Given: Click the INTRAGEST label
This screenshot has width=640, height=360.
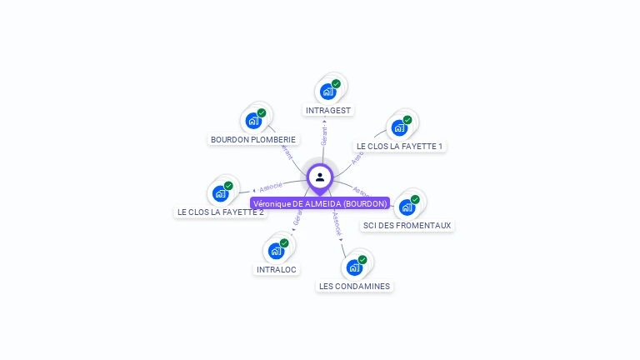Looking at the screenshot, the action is [x=329, y=110].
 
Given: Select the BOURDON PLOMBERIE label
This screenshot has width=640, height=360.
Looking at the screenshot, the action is [x=253, y=140].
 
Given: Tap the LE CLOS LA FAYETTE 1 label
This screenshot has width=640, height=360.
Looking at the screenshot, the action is [x=399, y=147].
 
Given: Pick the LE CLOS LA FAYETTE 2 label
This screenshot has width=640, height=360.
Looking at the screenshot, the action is [x=221, y=212].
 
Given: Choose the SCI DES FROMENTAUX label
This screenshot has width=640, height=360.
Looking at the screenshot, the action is [x=407, y=225].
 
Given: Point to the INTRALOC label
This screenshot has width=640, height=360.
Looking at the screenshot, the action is [x=277, y=270].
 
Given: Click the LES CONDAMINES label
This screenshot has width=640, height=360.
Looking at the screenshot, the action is [x=354, y=287].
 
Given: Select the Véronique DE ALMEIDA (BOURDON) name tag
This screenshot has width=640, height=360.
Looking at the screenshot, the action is [x=320, y=203].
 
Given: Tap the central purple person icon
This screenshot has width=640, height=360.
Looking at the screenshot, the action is [x=320, y=177].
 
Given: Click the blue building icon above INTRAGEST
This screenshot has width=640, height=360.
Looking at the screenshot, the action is [x=327, y=91].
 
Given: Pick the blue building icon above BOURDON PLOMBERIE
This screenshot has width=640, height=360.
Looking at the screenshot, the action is [x=253, y=121].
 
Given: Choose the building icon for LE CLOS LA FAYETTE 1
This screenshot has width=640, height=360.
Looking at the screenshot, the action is [x=399, y=127].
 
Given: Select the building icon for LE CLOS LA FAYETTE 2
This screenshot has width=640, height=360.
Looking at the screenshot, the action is [x=220, y=193].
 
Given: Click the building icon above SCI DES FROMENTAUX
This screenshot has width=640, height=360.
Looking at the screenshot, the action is [x=407, y=207].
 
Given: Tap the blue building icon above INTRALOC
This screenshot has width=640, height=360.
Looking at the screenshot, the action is [x=276, y=251].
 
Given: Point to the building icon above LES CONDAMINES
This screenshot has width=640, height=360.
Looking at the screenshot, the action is [x=354, y=267].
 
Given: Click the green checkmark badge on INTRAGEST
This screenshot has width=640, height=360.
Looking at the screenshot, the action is [x=336, y=83].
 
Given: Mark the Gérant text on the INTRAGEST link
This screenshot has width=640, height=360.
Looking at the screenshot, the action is [x=324, y=133].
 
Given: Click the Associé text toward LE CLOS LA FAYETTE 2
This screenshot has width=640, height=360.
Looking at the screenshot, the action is [x=271, y=187].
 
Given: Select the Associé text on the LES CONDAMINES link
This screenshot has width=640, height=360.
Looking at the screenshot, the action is [x=336, y=222].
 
